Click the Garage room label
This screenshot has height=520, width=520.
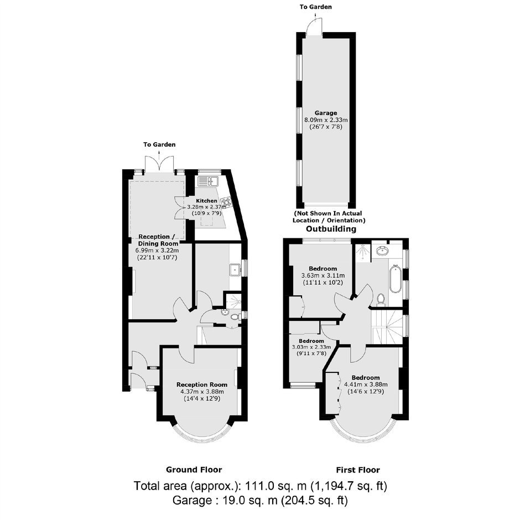326,113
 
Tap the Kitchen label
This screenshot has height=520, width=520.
206,201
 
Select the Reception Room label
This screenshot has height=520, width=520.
201,384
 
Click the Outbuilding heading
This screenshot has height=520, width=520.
331,229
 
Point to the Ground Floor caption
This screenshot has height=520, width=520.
194,470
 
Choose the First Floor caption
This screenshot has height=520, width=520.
358,470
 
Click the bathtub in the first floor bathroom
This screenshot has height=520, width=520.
395,279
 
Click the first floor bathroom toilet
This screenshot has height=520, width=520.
381,299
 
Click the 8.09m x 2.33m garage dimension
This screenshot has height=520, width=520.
326,120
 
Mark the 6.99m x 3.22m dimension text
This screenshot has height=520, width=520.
157,251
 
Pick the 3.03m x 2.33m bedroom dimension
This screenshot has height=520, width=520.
311,347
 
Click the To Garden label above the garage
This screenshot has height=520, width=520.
315,7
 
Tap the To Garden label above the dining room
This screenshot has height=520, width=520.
159,144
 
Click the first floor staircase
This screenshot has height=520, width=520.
387,326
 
